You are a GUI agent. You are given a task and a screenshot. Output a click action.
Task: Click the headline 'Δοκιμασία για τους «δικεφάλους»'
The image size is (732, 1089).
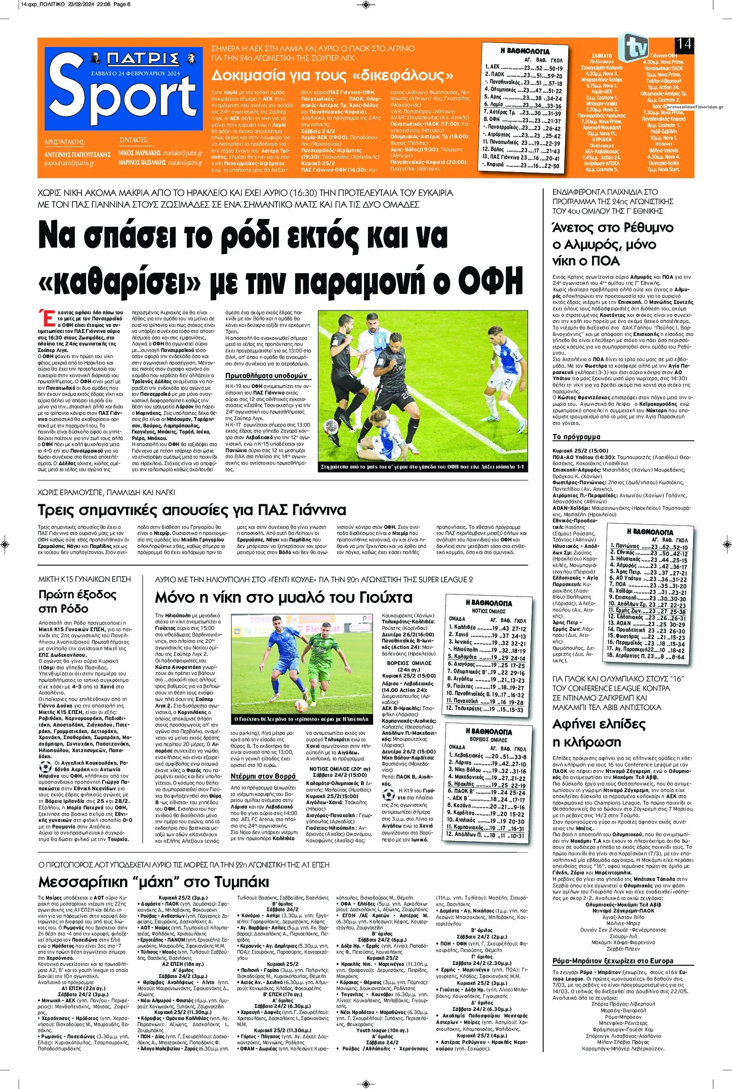tap(332, 75)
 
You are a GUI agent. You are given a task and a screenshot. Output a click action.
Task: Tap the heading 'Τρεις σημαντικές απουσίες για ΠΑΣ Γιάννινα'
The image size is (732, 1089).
tap(192, 509)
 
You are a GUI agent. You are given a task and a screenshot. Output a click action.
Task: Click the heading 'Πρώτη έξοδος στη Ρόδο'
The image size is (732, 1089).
tap(71, 601)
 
